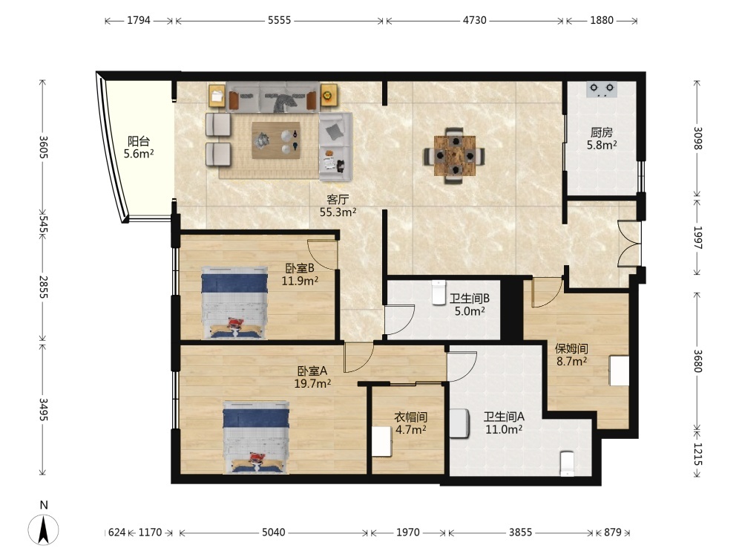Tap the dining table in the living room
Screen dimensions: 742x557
tap(454, 155)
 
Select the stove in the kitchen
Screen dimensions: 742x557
tap(602, 89)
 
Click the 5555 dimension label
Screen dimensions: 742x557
tap(279, 20)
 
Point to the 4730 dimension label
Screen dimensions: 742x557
tap(474, 20)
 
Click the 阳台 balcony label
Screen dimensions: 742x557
tap(139, 141)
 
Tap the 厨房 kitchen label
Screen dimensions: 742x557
tap(602, 133)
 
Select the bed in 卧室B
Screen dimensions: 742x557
tap(234, 303)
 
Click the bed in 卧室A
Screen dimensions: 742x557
tap(256, 437)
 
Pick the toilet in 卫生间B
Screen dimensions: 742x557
tap(439, 293)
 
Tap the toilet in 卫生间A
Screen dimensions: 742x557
tap(567, 463)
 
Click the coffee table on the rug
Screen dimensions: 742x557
tap(276, 140)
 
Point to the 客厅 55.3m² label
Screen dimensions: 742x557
tap(338, 206)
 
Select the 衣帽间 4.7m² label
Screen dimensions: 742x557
tap(411, 423)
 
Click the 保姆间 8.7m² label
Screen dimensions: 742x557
tap(571, 355)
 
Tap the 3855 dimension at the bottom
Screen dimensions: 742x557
tap(520, 532)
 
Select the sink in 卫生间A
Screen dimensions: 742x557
tap(459, 423)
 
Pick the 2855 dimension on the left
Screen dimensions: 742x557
tap(44, 287)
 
